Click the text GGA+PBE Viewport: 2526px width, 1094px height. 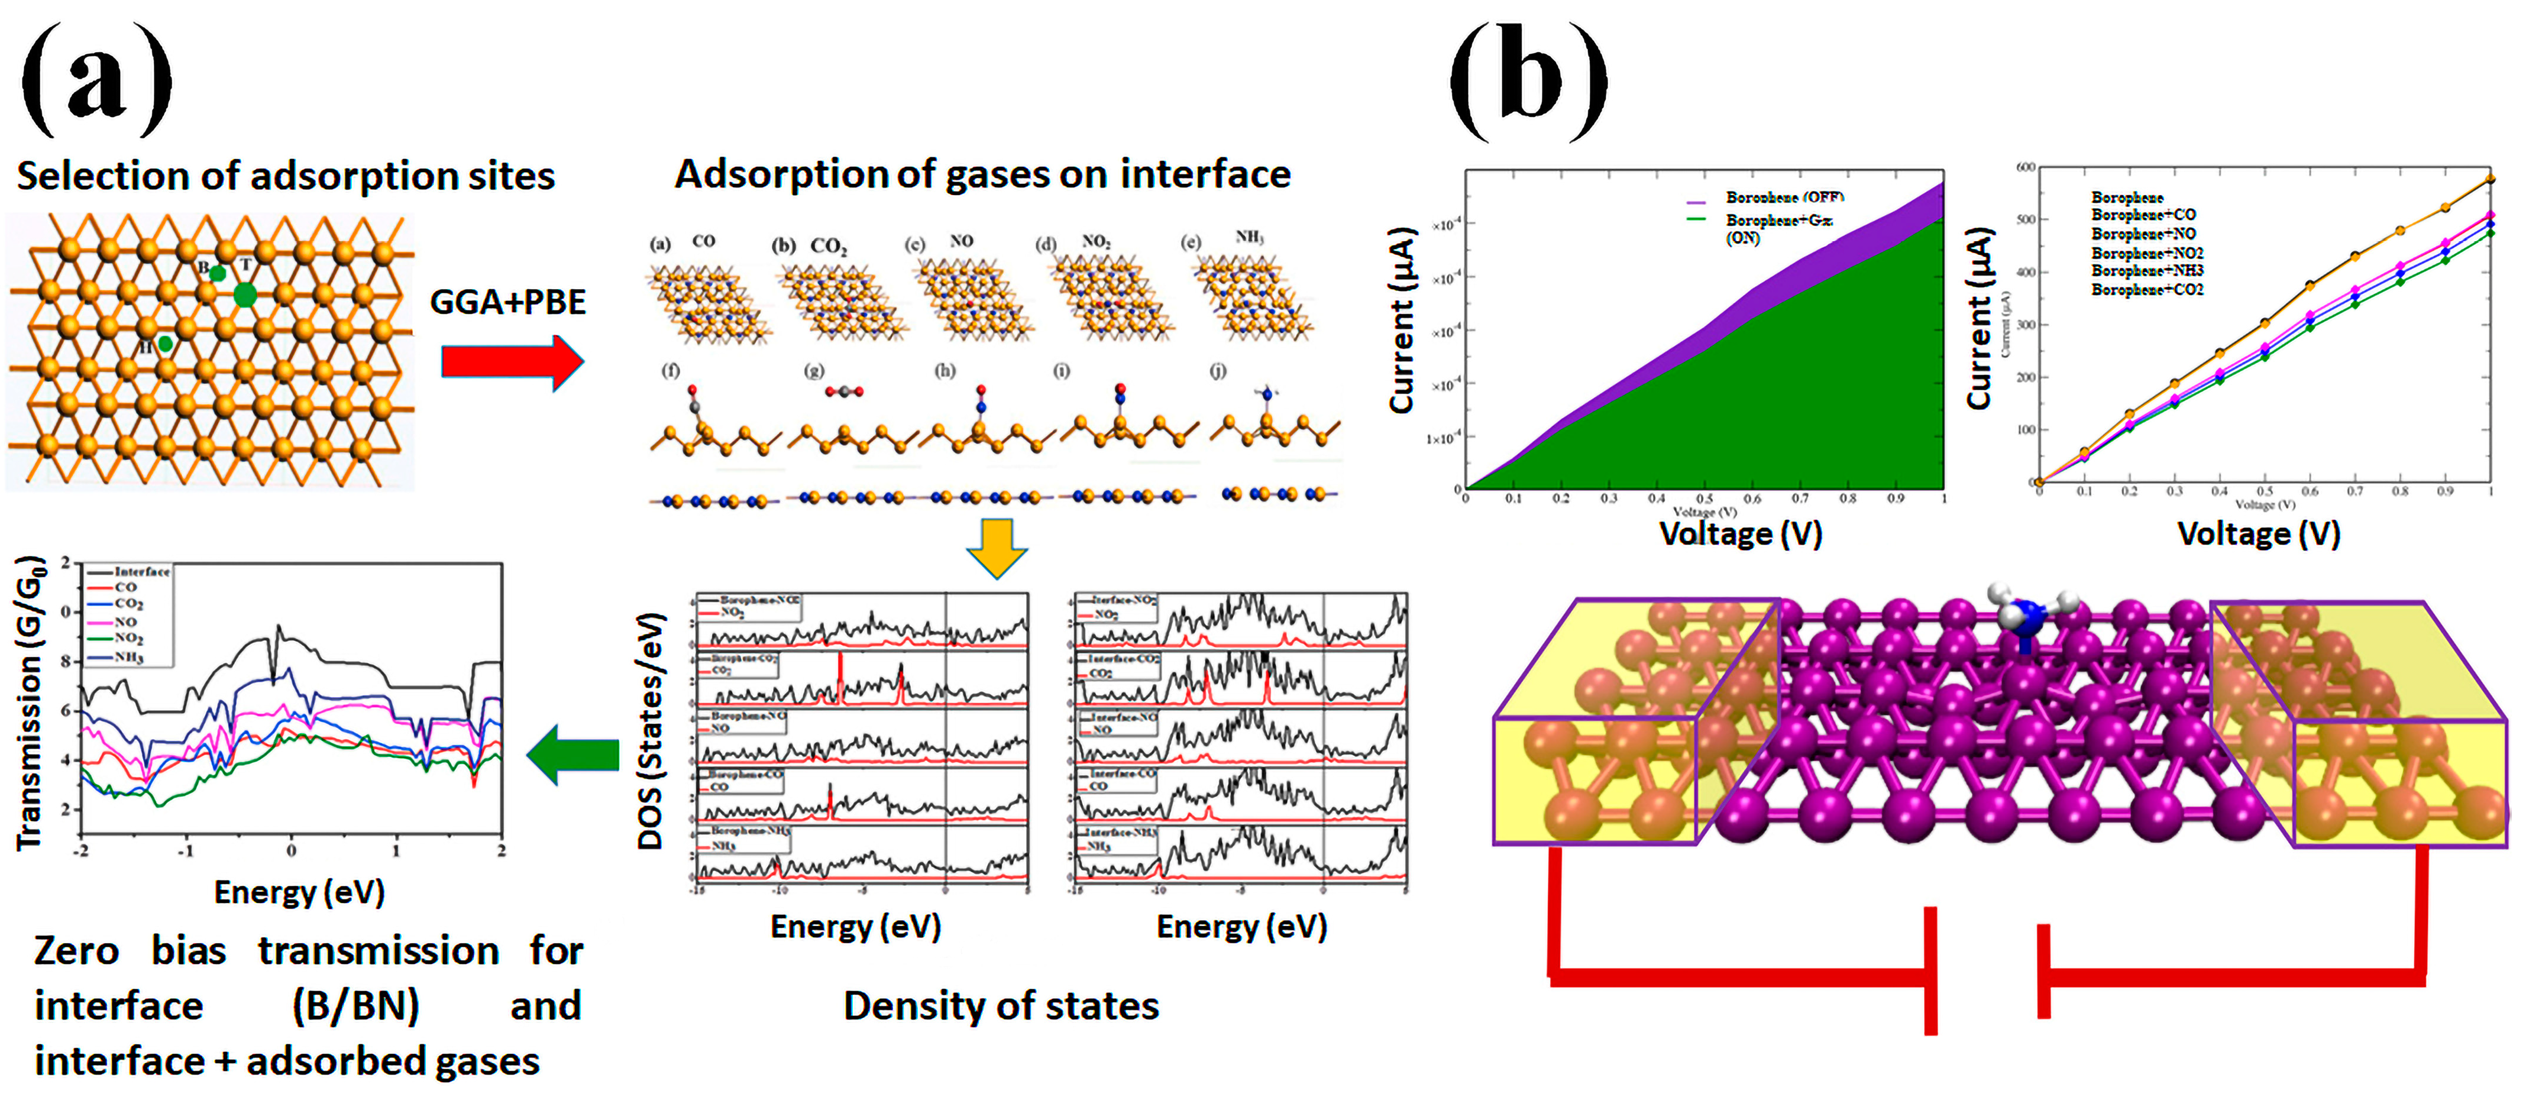pos(508,302)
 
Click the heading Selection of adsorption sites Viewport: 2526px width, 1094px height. pos(285,176)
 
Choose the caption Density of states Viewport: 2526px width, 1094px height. pos(1000,1006)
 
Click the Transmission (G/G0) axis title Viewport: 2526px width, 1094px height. pos(30,703)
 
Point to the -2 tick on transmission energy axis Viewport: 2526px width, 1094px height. pos(82,851)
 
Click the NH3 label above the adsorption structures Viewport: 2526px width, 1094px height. pos(1249,237)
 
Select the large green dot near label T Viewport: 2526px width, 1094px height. pos(245,294)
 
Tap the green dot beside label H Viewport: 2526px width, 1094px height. pos(166,343)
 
